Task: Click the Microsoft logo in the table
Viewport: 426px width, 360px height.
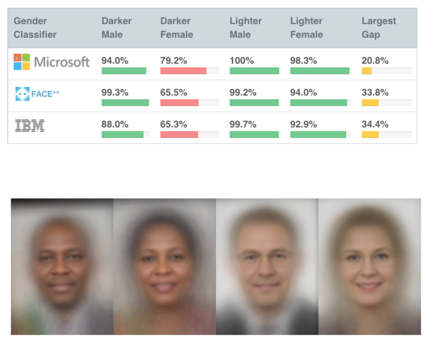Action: (x=51, y=62)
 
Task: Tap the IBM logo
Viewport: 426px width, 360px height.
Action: (x=30, y=125)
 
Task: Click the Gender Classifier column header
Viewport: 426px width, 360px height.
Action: (x=35, y=28)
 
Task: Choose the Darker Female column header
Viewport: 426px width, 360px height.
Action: (x=176, y=28)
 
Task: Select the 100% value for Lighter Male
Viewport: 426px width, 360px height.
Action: (x=241, y=60)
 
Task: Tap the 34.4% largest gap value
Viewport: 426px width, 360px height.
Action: (x=375, y=124)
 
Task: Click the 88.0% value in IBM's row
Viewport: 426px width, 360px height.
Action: (x=114, y=124)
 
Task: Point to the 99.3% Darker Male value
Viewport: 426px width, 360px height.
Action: (x=114, y=92)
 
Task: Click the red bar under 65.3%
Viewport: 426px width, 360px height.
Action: (x=179, y=135)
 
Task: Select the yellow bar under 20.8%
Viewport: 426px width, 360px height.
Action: (x=367, y=71)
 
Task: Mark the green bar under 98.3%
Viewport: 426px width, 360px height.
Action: (x=319, y=71)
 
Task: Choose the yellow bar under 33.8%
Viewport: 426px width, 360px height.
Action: (x=370, y=103)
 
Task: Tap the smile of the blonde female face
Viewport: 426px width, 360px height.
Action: (x=369, y=286)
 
